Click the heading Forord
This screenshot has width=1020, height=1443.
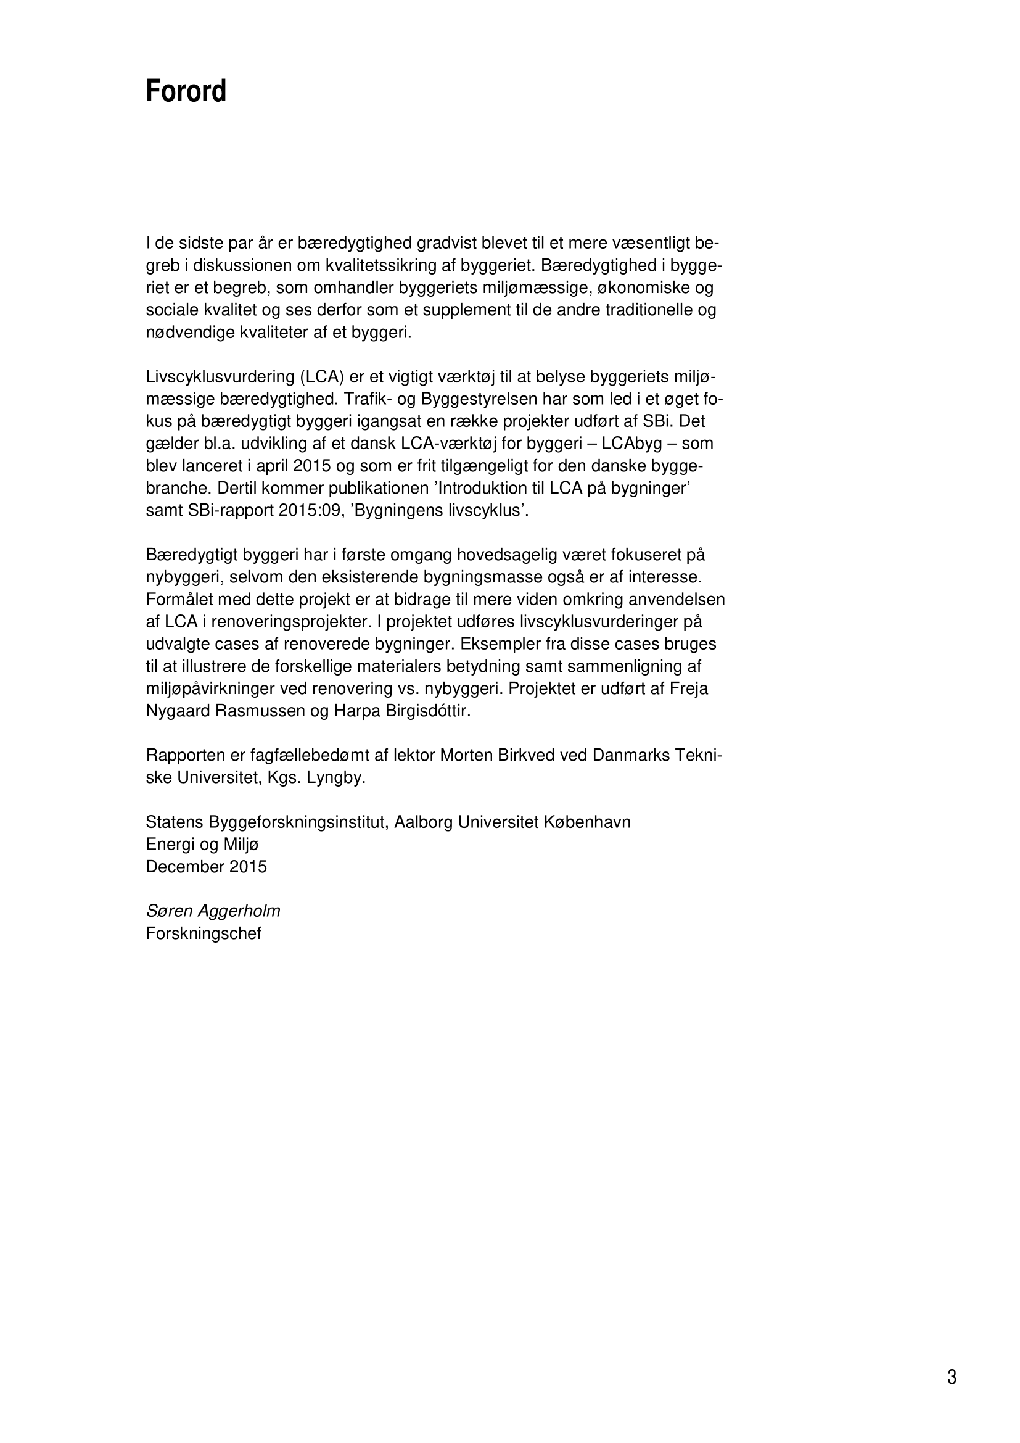(186, 92)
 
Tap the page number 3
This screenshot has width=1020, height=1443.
(952, 1377)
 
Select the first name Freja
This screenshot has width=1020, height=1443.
(689, 688)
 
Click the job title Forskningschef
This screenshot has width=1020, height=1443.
(204, 933)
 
